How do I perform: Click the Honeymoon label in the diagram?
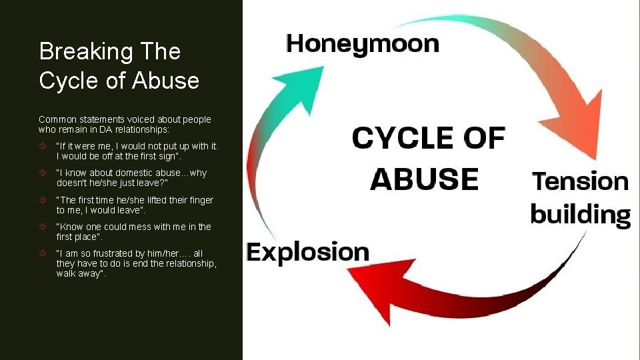[363, 45]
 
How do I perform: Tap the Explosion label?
[307, 252]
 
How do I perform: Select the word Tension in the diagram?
[580, 181]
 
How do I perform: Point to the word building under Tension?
[580, 215]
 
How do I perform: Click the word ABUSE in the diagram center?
[425, 179]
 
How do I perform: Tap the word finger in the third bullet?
[198, 199]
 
